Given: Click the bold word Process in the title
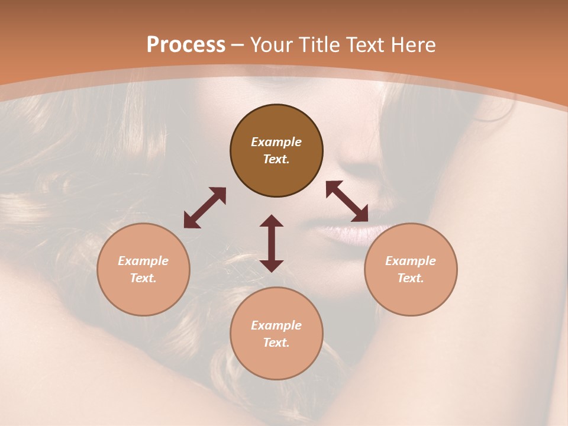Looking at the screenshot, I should click(x=186, y=45).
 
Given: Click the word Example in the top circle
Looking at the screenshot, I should click(x=276, y=142).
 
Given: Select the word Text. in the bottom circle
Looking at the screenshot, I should click(x=276, y=343).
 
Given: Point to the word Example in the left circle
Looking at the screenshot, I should click(x=143, y=261).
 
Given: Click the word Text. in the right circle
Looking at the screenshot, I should click(x=411, y=278).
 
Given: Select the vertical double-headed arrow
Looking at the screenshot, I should click(x=272, y=243).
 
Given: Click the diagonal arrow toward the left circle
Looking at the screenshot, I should click(x=205, y=208).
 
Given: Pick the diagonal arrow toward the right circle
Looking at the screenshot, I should click(x=347, y=201).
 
